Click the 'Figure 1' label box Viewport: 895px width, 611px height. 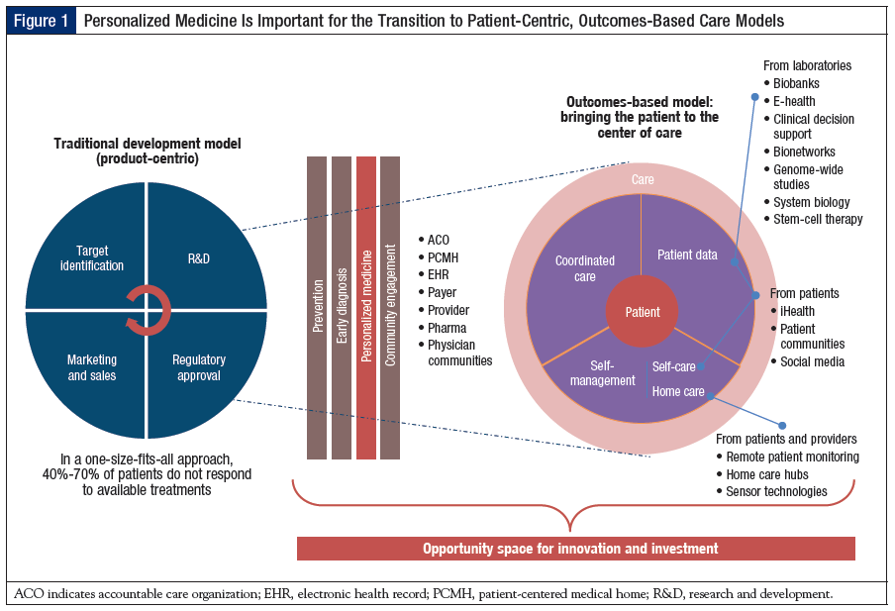[x=41, y=20]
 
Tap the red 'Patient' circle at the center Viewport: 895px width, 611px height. [x=642, y=312]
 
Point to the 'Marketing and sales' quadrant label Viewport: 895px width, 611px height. [x=92, y=367]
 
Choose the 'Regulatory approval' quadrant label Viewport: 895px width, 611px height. [x=199, y=367]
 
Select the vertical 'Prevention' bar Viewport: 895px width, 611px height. [x=317, y=307]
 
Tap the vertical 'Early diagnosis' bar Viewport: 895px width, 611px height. [x=342, y=307]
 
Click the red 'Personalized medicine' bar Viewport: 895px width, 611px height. [x=365, y=307]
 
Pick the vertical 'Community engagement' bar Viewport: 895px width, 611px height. [x=390, y=307]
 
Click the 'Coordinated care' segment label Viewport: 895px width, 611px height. [x=584, y=268]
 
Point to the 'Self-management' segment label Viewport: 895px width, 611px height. [x=603, y=372]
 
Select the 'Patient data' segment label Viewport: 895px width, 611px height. [x=687, y=255]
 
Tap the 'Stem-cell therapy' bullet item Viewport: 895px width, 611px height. [x=818, y=219]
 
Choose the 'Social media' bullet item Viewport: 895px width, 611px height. [x=812, y=361]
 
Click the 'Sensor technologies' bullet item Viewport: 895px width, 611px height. [x=776, y=491]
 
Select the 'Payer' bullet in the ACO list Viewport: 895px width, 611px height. [x=444, y=292]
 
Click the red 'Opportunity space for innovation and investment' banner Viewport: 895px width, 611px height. [x=575, y=548]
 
